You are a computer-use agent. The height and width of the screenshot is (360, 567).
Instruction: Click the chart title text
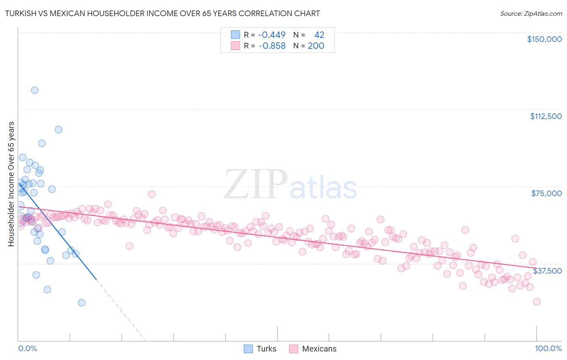[x=163, y=13]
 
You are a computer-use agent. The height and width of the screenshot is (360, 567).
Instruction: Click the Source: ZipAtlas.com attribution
[x=531, y=13]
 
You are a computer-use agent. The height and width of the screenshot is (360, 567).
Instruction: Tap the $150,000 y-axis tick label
[x=544, y=39]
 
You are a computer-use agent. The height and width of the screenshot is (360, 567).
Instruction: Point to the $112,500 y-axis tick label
[x=546, y=116]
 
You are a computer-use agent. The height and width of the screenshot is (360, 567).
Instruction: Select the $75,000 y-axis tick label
[x=546, y=193]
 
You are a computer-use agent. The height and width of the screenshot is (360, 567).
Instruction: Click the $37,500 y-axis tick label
[x=547, y=271]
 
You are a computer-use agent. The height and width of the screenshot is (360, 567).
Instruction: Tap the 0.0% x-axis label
[x=27, y=348]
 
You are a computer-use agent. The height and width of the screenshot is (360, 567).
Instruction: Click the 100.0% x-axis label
[x=548, y=348]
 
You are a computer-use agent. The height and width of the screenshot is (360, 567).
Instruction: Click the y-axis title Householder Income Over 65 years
[x=11, y=184]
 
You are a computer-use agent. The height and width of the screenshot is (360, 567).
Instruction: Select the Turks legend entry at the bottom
[x=260, y=349]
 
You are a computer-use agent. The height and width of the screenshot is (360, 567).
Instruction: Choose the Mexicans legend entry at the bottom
[x=313, y=349]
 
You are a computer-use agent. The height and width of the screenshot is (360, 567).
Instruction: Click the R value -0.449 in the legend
[x=271, y=35]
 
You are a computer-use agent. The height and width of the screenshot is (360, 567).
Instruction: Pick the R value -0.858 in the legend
[x=271, y=46]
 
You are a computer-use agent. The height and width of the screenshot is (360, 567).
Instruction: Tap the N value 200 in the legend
[x=316, y=46]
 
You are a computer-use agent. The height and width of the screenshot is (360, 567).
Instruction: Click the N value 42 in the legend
[x=319, y=35]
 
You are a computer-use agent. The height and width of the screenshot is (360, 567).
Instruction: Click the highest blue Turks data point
[x=35, y=90]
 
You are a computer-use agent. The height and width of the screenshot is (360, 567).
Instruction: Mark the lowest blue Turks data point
[x=81, y=303]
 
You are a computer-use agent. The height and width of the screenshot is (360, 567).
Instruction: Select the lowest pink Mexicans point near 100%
[x=536, y=301]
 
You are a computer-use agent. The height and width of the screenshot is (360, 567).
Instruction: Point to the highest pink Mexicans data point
[x=152, y=194]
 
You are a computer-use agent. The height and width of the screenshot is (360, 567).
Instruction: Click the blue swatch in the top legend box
[x=235, y=35]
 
